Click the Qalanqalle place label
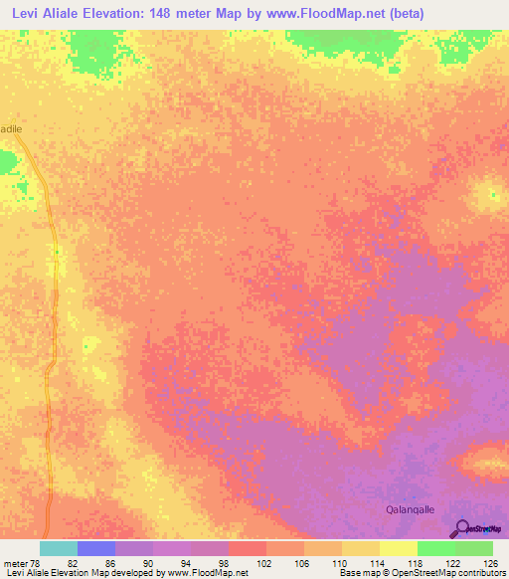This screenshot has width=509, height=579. [412, 508]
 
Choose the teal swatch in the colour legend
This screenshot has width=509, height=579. [59, 548]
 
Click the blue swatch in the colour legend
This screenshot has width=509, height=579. [96, 548]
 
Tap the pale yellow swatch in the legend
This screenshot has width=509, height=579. [398, 548]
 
